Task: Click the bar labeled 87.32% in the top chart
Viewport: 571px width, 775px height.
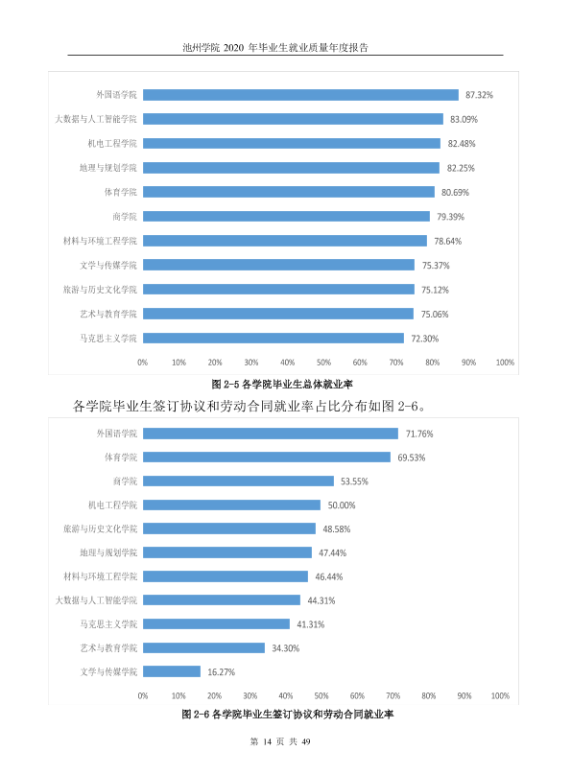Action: [300, 95]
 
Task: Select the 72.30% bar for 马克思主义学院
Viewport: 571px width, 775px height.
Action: [274, 338]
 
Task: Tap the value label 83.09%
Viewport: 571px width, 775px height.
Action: [464, 120]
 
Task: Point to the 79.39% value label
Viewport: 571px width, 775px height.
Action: [450, 217]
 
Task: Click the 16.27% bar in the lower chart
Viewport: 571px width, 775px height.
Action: [172, 671]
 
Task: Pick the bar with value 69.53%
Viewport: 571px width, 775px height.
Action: [267, 458]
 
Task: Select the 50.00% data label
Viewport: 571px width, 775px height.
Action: [342, 505]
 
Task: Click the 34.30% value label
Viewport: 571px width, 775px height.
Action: [286, 648]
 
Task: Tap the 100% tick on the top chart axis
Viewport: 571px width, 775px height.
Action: [505, 363]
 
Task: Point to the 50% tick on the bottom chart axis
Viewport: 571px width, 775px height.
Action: [321, 696]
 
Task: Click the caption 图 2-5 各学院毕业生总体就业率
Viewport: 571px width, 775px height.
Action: [282, 384]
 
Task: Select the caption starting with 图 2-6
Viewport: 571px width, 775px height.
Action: [287, 715]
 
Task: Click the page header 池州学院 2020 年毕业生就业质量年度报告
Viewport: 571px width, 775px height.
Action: [275, 47]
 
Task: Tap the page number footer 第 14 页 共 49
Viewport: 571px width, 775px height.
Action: [280, 741]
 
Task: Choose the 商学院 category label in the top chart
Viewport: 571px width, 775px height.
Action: [125, 217]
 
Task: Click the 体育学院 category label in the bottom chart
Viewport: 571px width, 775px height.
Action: [121, 458]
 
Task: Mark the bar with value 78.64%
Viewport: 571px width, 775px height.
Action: [285, 241]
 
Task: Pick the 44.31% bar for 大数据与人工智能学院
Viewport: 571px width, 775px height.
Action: [222, 600]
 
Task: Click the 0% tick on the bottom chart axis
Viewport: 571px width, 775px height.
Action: [143, 696]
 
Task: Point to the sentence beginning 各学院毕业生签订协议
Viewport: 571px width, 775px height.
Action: [250, 407]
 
